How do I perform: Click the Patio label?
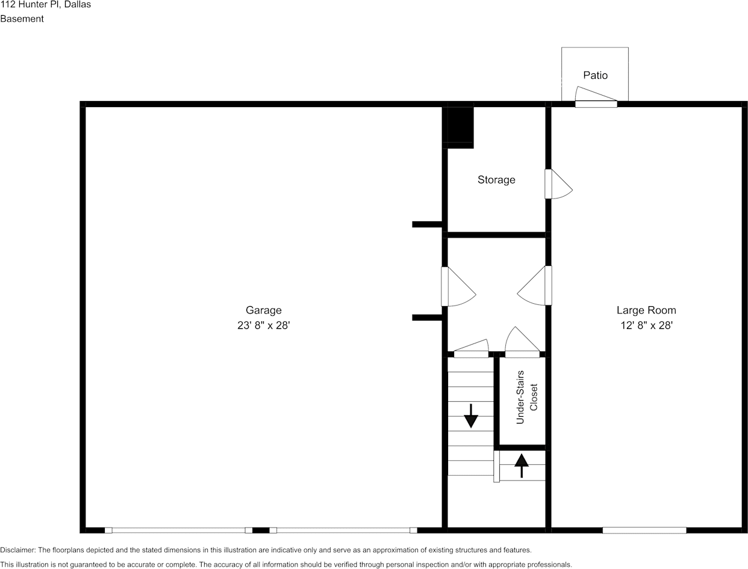point(595,75)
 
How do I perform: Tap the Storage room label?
point(496,180)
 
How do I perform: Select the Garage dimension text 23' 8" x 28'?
point(263,325)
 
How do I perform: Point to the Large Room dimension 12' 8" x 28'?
point(646,325)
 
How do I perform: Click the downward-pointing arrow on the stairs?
point(470,416)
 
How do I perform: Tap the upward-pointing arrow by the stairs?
point(522,465)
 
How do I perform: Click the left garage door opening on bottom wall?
point(178,530)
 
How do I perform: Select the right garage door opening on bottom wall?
point(343,530)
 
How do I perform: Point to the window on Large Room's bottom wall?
point(644,530)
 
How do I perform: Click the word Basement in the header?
point(22,19)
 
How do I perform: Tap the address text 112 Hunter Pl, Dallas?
point(46,4)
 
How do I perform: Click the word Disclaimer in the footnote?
point(17,550)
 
